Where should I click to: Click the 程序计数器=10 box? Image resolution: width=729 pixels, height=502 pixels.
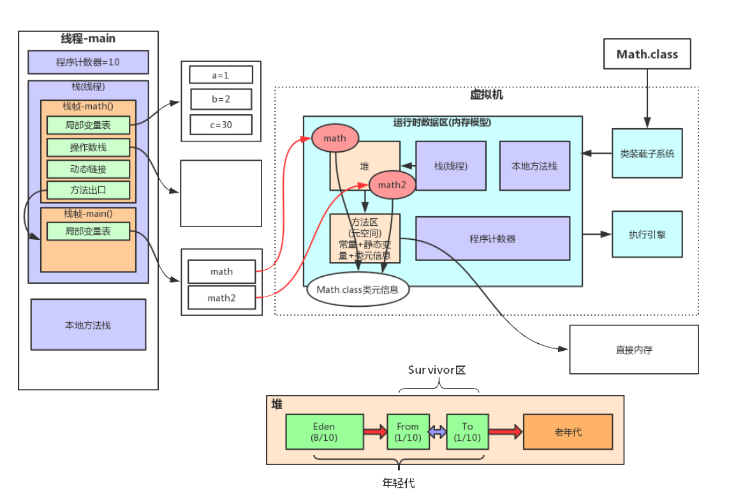tap(88, 63)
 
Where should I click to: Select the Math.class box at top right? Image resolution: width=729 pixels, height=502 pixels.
tap(647, 54)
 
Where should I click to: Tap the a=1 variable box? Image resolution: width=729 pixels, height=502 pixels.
tap(221, 75)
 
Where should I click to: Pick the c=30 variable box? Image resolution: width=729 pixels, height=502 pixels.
tap(221, 125)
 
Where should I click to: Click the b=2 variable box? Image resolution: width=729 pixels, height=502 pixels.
tap(221, 100)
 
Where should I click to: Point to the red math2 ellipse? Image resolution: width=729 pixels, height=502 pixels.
tap(392, 185)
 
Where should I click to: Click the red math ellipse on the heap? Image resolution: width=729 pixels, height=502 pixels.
tap(335, 138)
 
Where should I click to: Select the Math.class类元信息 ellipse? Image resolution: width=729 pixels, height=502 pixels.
tap(358, 290)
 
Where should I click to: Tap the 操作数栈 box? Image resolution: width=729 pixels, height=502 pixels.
tap(88, 147)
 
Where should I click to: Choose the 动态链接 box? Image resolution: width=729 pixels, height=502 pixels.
tap(88, 169)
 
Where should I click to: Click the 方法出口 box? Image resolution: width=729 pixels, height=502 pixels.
tap(88, 190)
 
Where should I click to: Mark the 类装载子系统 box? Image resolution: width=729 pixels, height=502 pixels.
tap(647, 153)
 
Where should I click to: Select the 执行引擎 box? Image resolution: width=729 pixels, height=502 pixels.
tap(647, 234)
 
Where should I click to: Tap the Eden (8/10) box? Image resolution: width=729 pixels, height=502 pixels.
tap(324, 432)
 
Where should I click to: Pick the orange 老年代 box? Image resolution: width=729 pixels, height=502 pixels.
tap(568, 432)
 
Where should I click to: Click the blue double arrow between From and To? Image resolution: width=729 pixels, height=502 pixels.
tap(438, 432)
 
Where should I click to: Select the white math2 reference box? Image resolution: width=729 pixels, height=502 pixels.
tap(221, 298)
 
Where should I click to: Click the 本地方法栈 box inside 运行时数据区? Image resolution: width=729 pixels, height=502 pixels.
tap(534, 166)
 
